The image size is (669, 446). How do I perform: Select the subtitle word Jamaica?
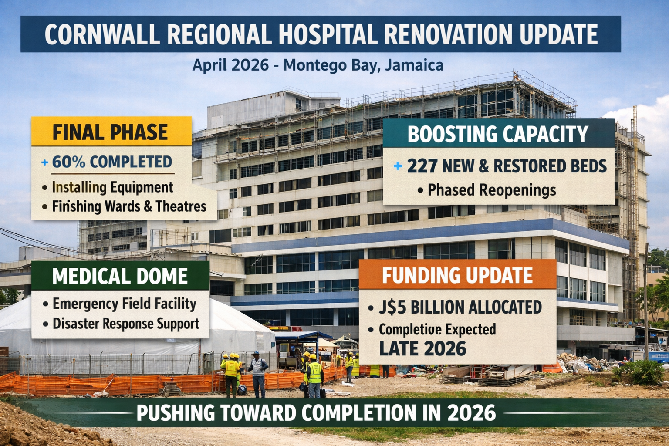click(414, 65)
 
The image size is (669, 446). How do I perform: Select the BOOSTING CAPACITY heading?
click(498, 134)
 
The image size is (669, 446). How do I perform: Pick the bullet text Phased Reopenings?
click(492, 190)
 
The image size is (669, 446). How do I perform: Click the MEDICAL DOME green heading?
click(120, 276)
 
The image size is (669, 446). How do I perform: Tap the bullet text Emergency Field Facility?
click(125, 304)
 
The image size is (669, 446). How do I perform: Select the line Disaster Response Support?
click(126, 324)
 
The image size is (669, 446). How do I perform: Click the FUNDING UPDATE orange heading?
click(457, 275)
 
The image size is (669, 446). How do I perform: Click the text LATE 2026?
click(422, 348)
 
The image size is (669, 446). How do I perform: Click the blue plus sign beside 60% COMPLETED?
click(44, 162)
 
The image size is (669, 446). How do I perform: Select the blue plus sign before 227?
click(398, 166)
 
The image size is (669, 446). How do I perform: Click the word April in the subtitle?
click(209, 65)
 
